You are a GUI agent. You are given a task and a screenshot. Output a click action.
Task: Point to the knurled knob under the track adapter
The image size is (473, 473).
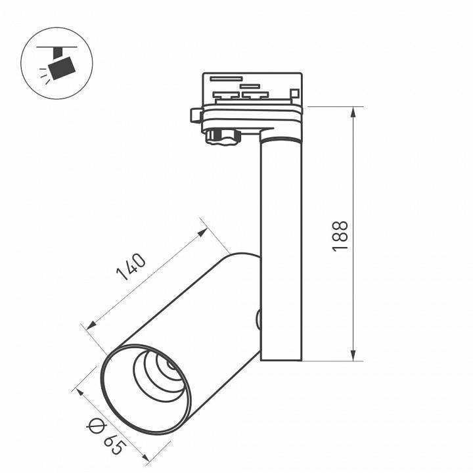[x=223, y=136]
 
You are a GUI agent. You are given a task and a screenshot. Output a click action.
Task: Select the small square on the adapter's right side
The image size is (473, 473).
[x=295, y=95]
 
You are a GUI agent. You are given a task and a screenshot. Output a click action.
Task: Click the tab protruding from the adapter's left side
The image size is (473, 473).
[x=195, y=115]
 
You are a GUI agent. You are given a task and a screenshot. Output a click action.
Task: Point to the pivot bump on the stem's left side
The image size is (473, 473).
[x=258, y=320]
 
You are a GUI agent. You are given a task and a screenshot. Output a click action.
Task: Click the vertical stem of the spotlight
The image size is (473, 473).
[x=281, y=250]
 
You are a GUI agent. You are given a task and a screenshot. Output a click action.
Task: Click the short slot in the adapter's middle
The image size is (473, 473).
[x=250, y=85]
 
